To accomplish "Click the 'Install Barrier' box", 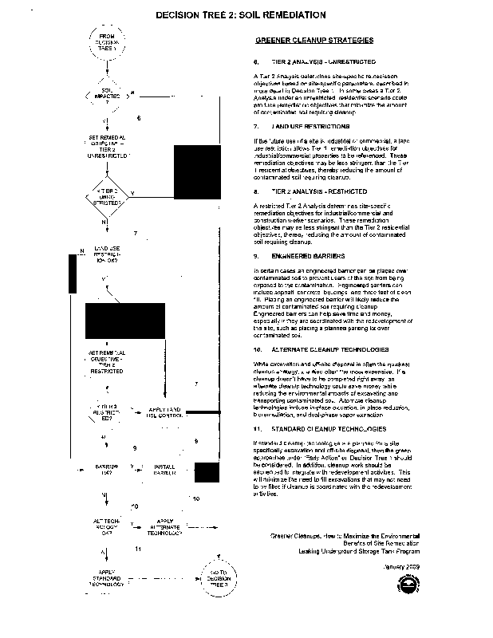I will pos(165,467).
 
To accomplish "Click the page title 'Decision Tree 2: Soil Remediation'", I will pos(240,14).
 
